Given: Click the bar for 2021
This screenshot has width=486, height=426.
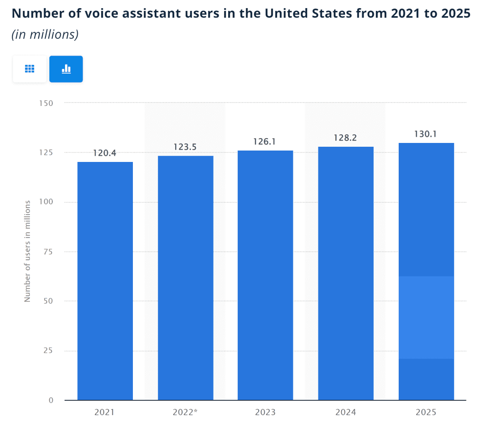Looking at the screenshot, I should pyautogui.click(x=105, y=281).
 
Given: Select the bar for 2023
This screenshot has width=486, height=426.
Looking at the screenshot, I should pyautogui.click(x=265, y=275).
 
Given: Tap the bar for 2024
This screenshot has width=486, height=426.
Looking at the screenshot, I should pyautogui.click(x=346, y=273).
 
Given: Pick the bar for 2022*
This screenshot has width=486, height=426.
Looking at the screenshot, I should pyautogui.click(x=185, y=278).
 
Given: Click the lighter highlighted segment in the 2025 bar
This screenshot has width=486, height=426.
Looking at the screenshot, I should pyautogui.click(x=426, y=317).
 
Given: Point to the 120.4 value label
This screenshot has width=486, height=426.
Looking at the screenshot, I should pyautogui.click(x=104, y=153).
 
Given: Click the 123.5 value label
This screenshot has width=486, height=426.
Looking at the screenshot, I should pyautogui.click(x=185, y=147).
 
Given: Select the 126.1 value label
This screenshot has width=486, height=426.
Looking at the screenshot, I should pyautogui.click(x=265, y=142).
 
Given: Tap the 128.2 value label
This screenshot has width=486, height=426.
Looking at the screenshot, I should pyautogui.click(x=345, y=138).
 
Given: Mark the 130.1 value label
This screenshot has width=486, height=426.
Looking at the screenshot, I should pyautogui.click(x=426, y=134).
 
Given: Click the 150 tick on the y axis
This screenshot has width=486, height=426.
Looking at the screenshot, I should pyautogui.click(x=46, y=103).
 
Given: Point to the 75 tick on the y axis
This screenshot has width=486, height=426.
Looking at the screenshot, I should pyautogui.click(x=48, y=252).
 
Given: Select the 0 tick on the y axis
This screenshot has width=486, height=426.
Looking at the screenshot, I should pyautogui.click(x=50, y=400).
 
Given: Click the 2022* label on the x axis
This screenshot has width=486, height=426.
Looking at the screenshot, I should pyautogui.click(x=186, y=412).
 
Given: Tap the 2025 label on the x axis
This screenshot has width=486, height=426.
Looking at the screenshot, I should pyautogui.click(x=426, y=412).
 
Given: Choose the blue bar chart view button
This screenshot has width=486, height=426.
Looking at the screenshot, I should pyautogui.click(x=66, y=69).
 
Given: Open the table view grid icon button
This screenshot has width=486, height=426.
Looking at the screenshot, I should pyautogui.click(x=29, y=69).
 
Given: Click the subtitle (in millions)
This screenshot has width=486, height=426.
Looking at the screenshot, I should pyautogui.click(x=45, y=35).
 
